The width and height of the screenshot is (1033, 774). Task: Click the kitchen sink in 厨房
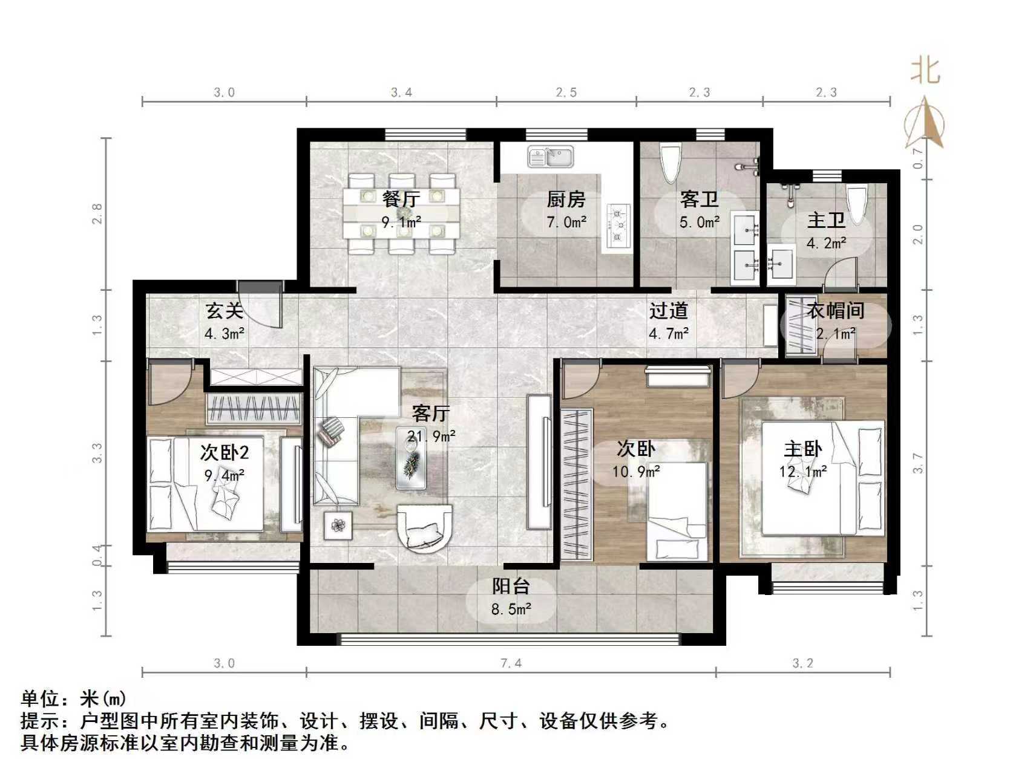[550, 157]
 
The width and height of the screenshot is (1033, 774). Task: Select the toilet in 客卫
[670, 163]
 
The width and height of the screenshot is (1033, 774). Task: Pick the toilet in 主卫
[856, 204]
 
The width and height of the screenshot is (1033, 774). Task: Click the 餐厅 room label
[401, 198]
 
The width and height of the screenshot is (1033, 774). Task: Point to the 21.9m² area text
[431, 435]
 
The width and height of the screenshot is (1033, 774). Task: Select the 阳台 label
[511, 586]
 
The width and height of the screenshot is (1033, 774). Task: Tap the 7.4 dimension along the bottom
[511, 663]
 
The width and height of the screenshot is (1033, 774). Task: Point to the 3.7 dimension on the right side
[918, 463]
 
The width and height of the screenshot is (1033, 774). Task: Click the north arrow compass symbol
[924, 124]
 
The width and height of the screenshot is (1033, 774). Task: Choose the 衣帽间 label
[836, 310]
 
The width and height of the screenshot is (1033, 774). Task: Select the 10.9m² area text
[635, 471]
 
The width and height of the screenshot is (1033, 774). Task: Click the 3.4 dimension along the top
[401, 93]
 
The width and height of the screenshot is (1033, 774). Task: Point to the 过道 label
[668, 311]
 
